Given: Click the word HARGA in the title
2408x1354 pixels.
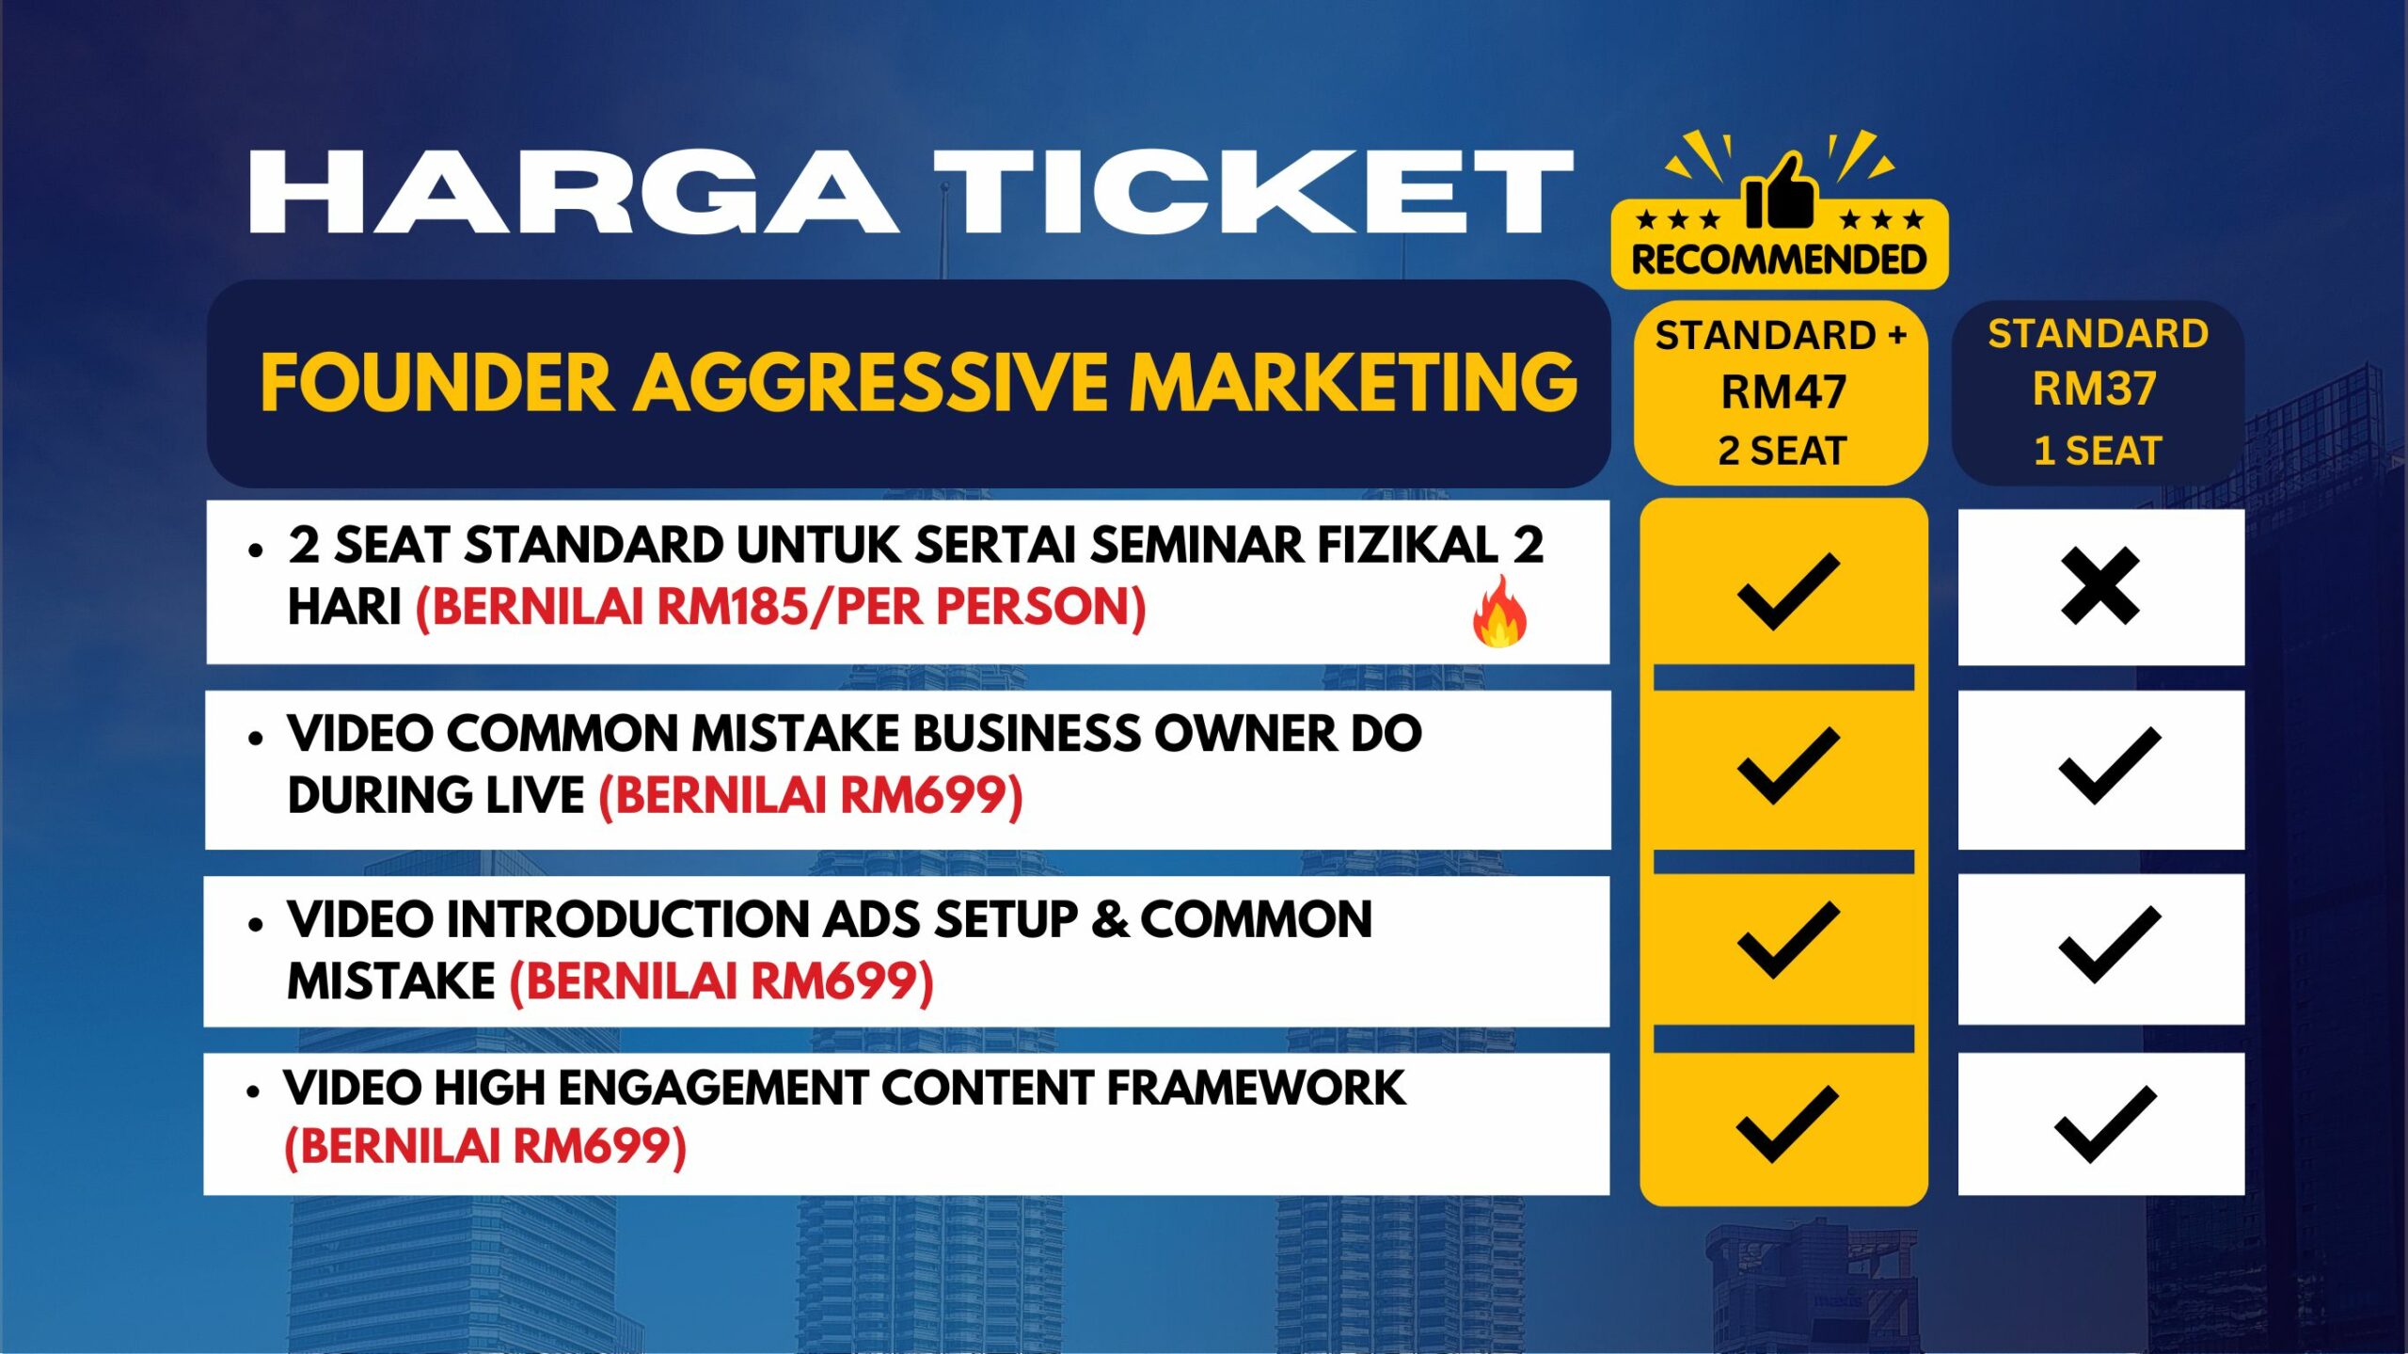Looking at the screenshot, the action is coord(574,191).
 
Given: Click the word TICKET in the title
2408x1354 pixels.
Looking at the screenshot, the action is coord(1254,191).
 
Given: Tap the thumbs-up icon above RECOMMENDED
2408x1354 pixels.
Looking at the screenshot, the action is coord(1779,191).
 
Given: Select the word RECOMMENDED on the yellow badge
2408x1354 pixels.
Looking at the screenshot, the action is coord(1779,260).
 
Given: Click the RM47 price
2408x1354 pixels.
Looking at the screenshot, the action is coord(1783,392).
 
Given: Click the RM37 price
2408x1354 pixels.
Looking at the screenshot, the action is coord(2095,389).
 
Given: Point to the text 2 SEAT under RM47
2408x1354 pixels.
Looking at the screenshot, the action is coord(1782,451).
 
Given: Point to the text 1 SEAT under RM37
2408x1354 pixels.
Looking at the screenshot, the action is coord(2098,451).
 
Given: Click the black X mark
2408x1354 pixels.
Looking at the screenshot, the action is coord(2099,586).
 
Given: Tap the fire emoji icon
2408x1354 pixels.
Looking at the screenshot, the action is coord(1499,612).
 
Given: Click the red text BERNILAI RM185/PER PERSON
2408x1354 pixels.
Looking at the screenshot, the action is coord(781,607).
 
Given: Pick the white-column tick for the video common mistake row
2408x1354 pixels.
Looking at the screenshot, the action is coord(2109,766).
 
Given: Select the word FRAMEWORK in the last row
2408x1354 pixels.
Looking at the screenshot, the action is coord(1256,1089).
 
